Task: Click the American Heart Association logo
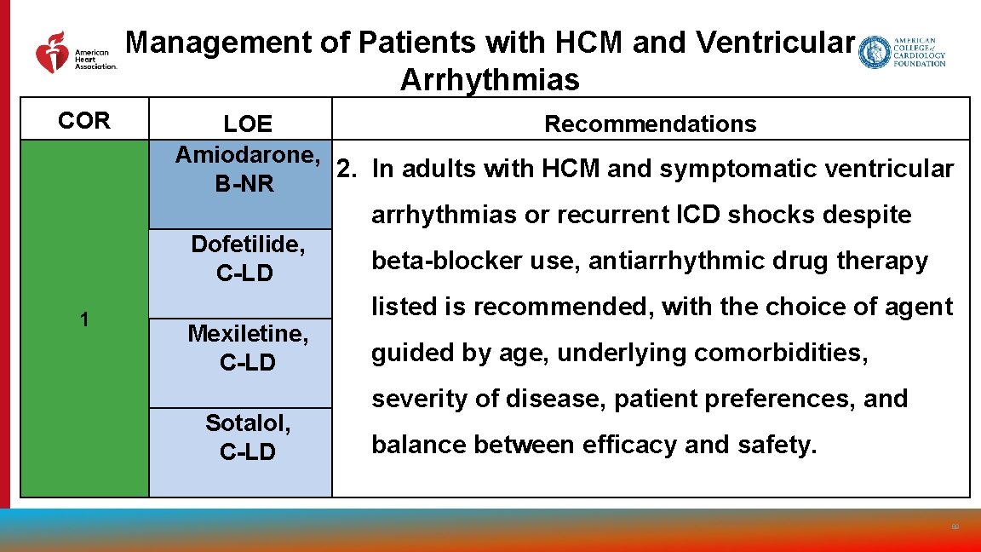(75, 53)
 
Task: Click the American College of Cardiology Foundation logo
(902, 53)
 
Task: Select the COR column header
(83, 121)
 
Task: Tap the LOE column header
(247, 124)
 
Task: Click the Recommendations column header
(650, 124)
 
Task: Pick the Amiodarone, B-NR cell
(247, 170)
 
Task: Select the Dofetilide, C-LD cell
(248, 259)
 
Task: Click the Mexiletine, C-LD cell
(248, 348)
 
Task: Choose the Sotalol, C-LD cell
(248, 437)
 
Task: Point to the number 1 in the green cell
(83, 319)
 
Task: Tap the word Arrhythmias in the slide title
(490, 81)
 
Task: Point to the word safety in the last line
(772, 445)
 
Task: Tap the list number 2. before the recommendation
(347, 170)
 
